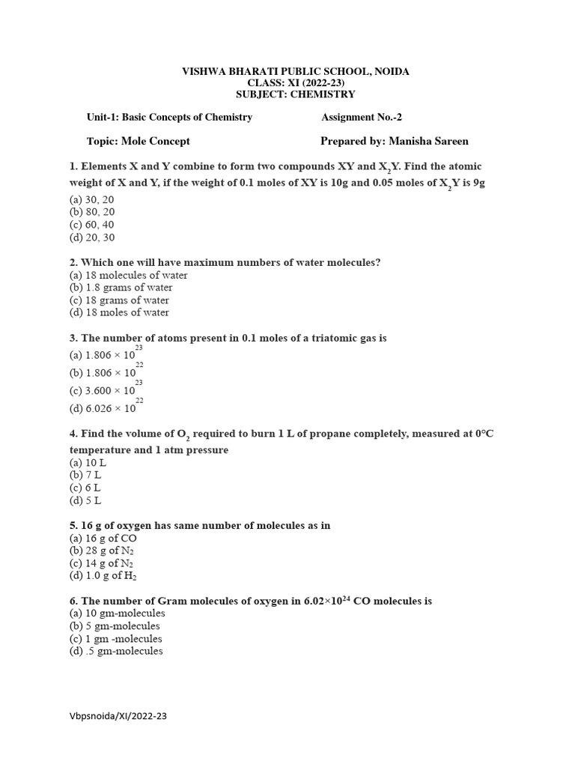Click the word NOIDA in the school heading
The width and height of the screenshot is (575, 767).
(x=390, y=71)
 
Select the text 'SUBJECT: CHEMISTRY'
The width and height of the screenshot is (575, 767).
(x=296, y=94)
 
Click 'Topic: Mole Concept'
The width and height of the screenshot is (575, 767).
(x=139, y=141)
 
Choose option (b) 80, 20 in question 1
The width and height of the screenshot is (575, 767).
(x=92, y=212)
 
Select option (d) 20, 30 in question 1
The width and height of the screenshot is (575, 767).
(x=92, y=237)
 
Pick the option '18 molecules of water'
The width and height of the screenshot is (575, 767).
(x=128, y=275)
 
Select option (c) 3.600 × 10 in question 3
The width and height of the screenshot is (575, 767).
(x=103, y=390)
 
